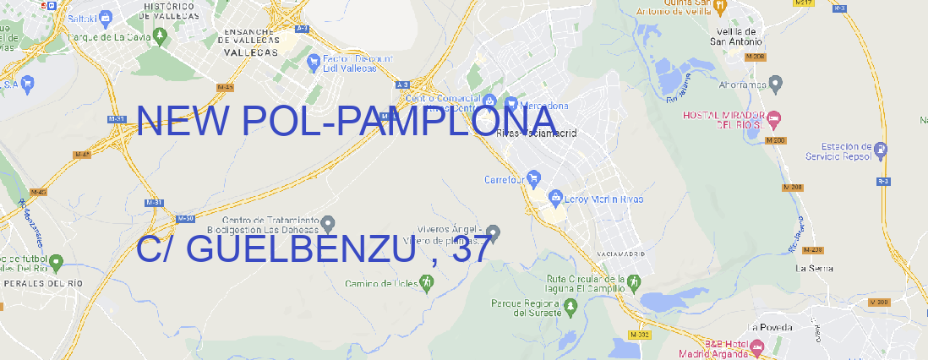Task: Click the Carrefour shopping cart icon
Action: point(535,178)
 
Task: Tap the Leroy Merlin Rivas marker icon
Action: point(555,198)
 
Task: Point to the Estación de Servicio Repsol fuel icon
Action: point(882,151)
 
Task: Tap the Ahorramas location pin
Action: point(777,83)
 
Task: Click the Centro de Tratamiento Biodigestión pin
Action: point(328,222)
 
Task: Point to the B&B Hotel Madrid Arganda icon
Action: point(757,345)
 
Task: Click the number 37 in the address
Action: point(470,249)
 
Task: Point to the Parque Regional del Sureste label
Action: point(526,308)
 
